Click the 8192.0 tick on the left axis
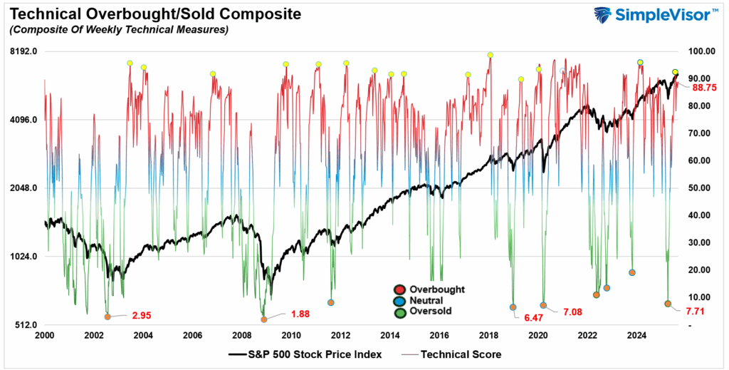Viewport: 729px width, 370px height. pyautogui.click(x=24, y=51)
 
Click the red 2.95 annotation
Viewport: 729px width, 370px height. pyautogui.click(x=142, y=314)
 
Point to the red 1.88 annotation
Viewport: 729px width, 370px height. pyautogui.click(x=300, y=314)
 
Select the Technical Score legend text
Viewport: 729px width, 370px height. pyautogui.click(x=461, y=354)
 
